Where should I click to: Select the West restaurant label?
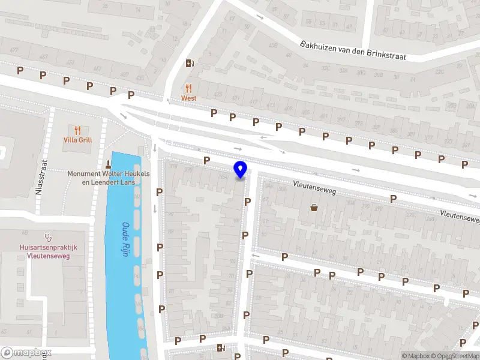point(189,98)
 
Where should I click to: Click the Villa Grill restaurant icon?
point(77,130)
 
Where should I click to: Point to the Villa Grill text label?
point(77,140)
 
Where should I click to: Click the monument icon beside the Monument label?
point(109,164)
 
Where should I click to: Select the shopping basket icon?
point(314,208)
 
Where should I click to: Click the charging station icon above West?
point(190,64)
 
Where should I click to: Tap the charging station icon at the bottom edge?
point(221,347)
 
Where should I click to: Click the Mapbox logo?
point(26,353)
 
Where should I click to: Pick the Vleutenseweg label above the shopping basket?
point(314,188)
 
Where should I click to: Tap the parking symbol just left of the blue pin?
point(207,160)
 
